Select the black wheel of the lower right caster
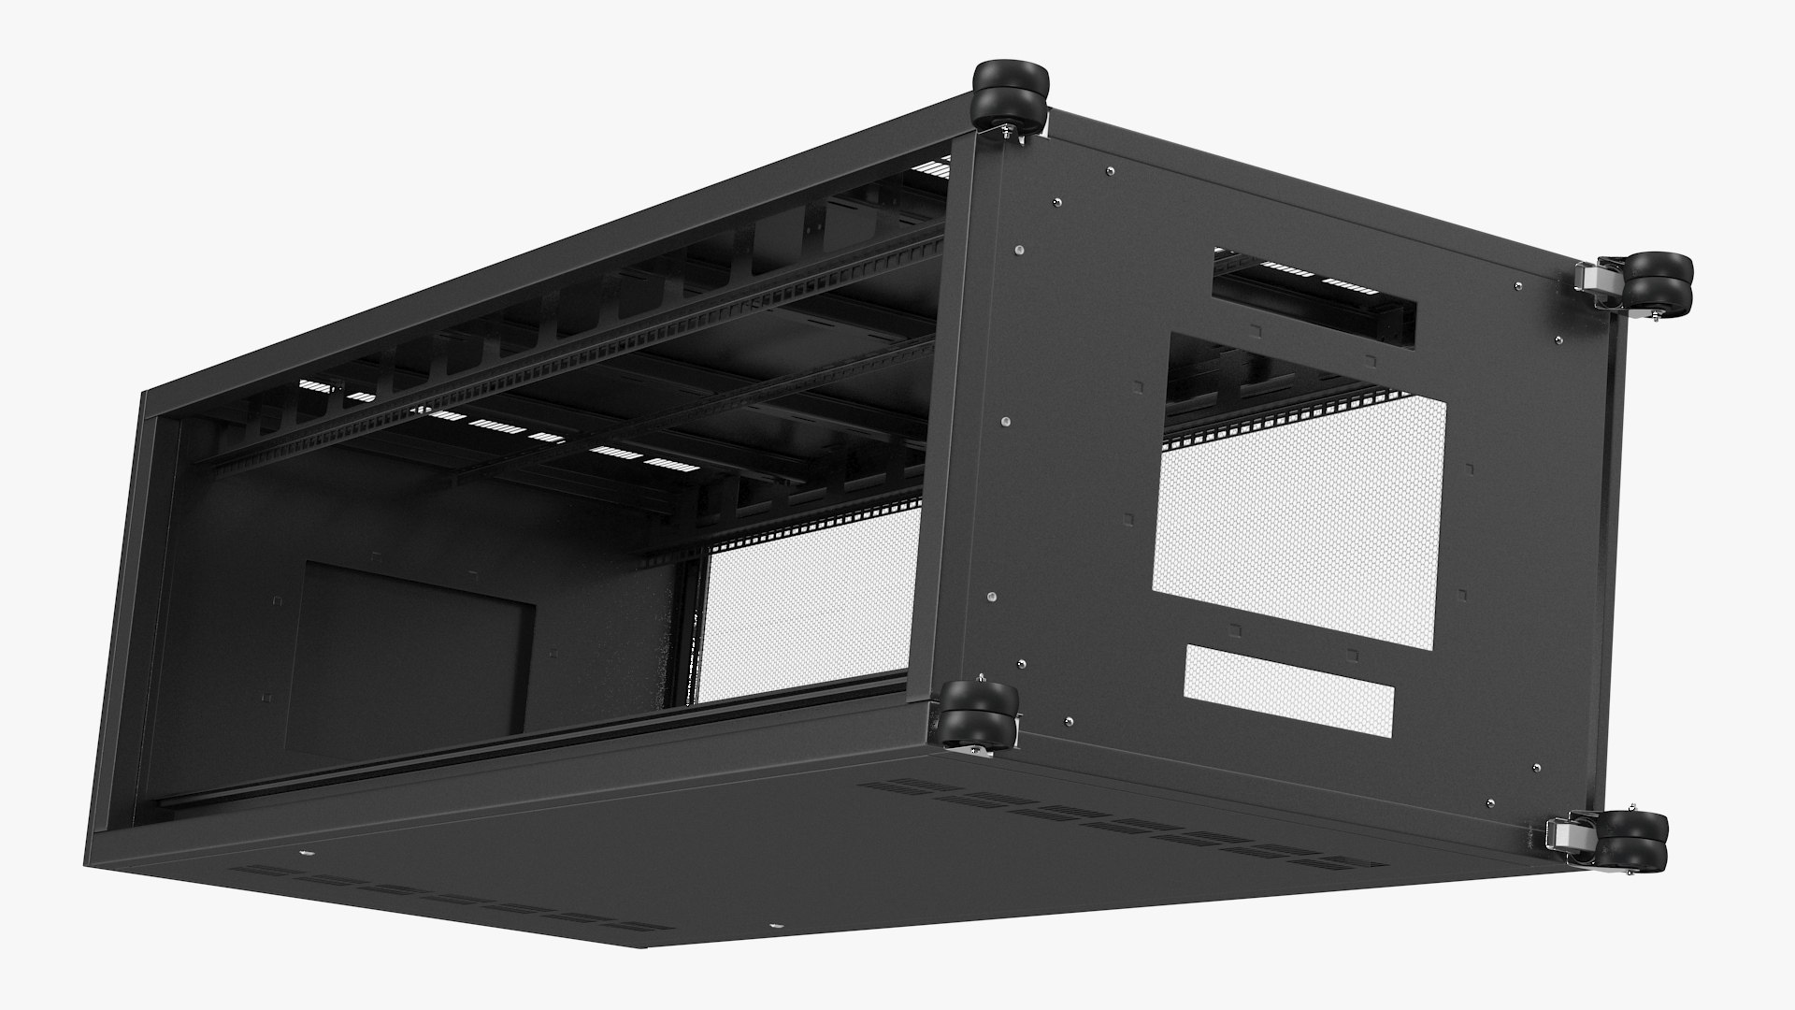[1638, 841]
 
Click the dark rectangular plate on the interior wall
[411, 646]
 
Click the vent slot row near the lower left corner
[439, 898]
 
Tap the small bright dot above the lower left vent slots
[306, 853]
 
